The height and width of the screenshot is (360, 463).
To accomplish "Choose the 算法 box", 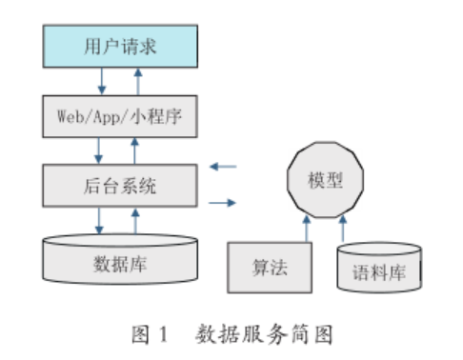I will [x=270, y=268].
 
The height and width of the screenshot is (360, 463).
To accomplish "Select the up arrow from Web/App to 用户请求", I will [x=138, y=82].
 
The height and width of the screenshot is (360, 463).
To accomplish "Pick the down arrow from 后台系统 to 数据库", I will [x=100, y=220].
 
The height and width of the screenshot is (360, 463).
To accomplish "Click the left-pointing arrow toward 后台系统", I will [x=223, y=166].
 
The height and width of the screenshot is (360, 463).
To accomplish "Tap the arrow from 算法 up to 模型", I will [x=306, y=229].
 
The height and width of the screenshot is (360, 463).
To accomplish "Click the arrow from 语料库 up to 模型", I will [x=343, y=229].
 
